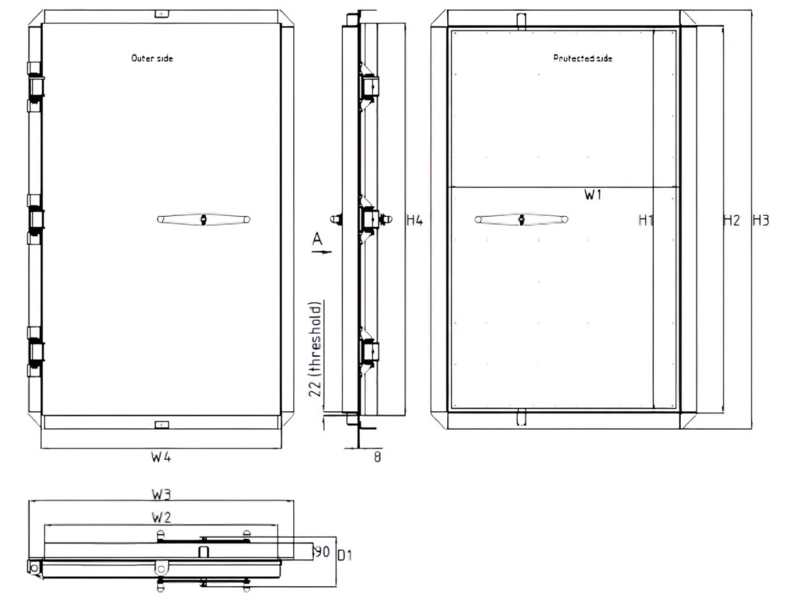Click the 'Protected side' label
click(582, 58)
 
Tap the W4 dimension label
click(161, 458)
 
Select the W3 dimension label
click(161, 494)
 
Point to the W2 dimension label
click(161, 517)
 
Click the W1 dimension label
click(593, 195)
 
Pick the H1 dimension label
click(646, 221)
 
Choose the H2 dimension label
click(731, 221)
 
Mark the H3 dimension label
click(760, 221)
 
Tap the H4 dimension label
click(414, 221)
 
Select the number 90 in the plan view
click(321, 552)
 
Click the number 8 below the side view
click(377, 457)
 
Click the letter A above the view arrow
click(317, 240)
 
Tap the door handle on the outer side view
click(204, 219)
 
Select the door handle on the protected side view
click(521, 219)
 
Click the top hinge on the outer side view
click(35, 86)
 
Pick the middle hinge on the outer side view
click(35, 219)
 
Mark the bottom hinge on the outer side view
click(35, 351)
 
